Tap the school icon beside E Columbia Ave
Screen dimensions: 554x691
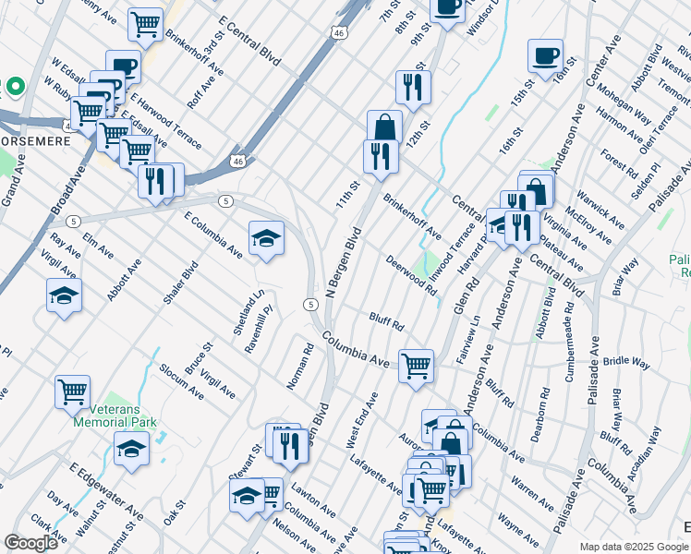[x=266, y=238]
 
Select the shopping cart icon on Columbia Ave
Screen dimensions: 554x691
[x=417, y=364]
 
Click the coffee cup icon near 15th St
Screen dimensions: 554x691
[x=545, y=55]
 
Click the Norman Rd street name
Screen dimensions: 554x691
[x=300, y=367]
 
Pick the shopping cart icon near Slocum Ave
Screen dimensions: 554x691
[x=72, y=391]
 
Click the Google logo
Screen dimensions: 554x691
[x=30, y=543]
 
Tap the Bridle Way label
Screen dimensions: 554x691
[x=628, y=360]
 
